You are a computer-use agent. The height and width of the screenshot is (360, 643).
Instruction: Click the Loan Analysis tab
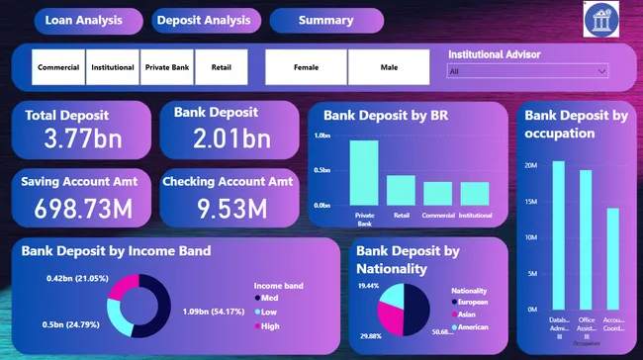[x=84, y=20]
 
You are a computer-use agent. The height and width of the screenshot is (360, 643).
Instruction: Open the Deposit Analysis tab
[x=204, y=20]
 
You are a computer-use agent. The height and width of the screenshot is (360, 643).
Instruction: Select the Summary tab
[x=325, y=20]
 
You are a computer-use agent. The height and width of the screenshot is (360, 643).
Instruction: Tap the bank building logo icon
[x=602, y=20]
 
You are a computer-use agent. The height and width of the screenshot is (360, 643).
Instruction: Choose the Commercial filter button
[x=58, y=67]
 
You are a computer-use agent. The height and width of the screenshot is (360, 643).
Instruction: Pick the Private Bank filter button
[x=167, y=67]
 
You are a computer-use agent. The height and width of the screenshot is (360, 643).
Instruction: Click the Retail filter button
[x=221, y=67]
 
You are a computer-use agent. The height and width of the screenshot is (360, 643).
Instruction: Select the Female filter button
[x=307, y=67]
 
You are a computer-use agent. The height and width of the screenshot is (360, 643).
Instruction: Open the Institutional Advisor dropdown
[x=527, y=71]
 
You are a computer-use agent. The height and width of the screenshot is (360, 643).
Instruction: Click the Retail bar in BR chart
[x=401, y=189]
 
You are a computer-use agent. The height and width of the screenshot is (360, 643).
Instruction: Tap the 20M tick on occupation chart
[x=529, y=165]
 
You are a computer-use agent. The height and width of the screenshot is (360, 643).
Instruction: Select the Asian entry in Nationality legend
[x=467, y=314]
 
